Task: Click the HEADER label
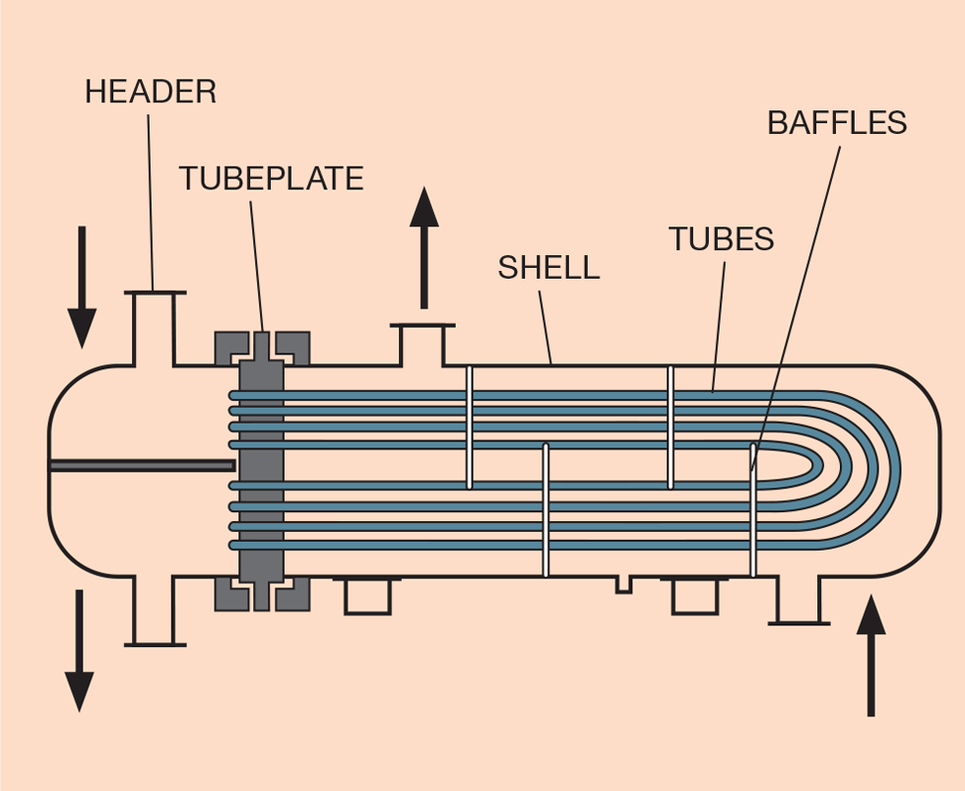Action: coord(150,93)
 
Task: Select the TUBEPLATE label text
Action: coord(271,178)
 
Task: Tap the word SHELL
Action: coord(548,267)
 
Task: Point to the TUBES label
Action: coord(721,238)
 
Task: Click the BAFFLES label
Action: coord(837,123)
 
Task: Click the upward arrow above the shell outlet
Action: coord(424,246)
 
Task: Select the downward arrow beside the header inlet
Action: coord(82,286)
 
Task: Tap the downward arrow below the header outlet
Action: coord(79,650)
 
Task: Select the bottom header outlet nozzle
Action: coord(154,611)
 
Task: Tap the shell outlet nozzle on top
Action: coord(422,343)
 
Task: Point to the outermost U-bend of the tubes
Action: coord(894,465)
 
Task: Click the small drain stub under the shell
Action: coord(623,585)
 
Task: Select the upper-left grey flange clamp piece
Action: coord(231,347)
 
